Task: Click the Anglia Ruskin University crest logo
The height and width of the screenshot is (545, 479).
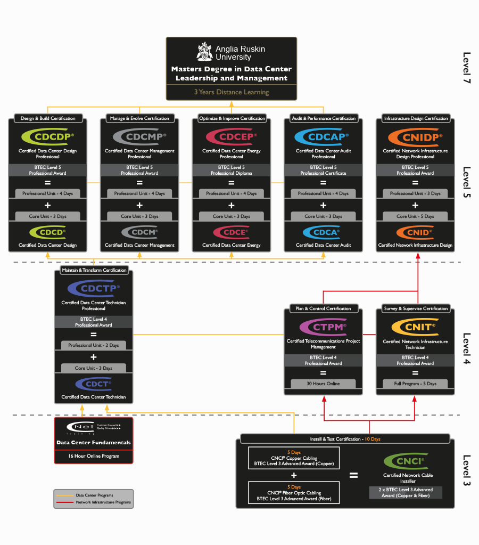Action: (x=204, y=52)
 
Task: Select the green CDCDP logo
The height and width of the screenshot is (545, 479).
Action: (x=47, y=137)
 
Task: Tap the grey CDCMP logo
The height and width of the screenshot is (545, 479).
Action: (x=139, y=137)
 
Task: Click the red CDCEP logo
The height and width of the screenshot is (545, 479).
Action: (x=231, y=137)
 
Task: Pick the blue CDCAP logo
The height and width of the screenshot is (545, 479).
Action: (x=323, y=137)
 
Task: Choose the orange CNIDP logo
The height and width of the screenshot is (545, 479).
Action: (x=415, y=137)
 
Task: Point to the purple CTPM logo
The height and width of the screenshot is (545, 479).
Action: (x=323, y=327)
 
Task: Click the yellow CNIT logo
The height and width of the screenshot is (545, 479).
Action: (x=415, y=327)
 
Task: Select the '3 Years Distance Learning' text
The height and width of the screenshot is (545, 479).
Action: (x=232, y=92)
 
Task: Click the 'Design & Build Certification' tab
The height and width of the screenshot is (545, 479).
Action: (x=48, y=118)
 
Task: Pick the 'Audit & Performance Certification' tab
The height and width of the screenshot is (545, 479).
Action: (x=324, y=118)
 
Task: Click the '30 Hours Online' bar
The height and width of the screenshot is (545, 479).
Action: (x=323, y=384)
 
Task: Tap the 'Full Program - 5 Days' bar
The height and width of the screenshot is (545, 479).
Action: (x=415, y=384)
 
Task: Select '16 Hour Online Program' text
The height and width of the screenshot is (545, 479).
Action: (x=94, y=456)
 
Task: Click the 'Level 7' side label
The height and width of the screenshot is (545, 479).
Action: (x=467, y=68)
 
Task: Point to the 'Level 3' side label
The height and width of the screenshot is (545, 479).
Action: (x=467, y=470)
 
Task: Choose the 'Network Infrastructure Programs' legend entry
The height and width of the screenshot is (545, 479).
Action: (x=103, y=502)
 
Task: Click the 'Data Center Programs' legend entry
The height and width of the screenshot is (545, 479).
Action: (x=94, y=495)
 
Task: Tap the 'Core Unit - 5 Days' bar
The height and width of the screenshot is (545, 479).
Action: (x=415, y=216)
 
